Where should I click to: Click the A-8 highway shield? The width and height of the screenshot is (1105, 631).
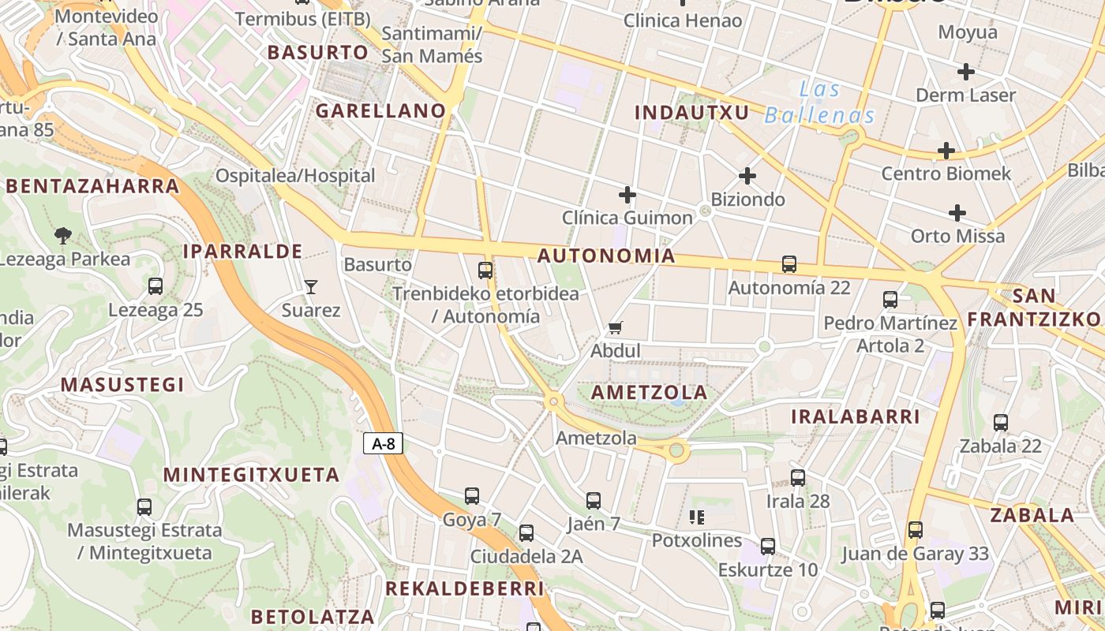pyautogui.click(x=384, y=443)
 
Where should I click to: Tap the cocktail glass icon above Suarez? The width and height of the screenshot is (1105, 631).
pyautogui.click(x=311, y=287)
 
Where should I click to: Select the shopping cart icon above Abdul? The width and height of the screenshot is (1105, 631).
pyautogui.click(x=616, y=327)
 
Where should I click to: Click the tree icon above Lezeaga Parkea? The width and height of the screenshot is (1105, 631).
pyautogui.click(x=63, y=235)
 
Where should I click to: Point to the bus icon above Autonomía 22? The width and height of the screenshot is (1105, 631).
pyautogui.click(x=788, y=264)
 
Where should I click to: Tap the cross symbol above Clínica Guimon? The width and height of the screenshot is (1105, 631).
pyautogui.click(x=627, y=194)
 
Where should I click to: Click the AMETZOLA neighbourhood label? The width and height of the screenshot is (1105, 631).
pyautogui.click(x=649, y=393)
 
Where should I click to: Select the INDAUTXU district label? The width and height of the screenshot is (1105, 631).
pyautogui.click(x=691, y=113)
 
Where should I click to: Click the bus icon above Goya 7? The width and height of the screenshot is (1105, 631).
pyautogui.click(x=472, y=496)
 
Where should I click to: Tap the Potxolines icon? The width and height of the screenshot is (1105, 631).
pyautogui.click(x=696, y=517)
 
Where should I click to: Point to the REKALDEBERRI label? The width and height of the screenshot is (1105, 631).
pyautogui.click(x=464, y=589)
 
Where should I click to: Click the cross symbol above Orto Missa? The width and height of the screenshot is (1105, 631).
pyautogui.click(x=957, y=213)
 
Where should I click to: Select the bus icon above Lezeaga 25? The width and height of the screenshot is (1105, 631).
pyautogui.click(x=155, y=286)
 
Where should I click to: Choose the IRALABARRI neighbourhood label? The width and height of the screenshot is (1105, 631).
pyautogui.click(x=856, y=416)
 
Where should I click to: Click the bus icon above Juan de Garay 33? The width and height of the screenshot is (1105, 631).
pyautogui.click(x=915, y=530)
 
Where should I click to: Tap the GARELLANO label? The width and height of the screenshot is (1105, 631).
pyautogui.click(x=381, y=111)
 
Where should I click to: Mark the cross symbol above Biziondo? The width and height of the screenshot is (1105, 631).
pyautogui.click(x=747, y=176)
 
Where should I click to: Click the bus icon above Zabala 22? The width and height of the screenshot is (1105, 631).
pyautogui.click(x=1001, y=423)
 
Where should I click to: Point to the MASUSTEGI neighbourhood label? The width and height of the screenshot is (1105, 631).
pyautogui.click(x=122, y=385)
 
